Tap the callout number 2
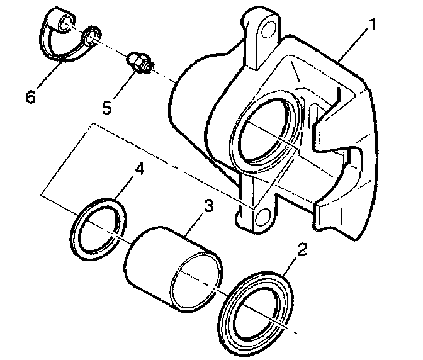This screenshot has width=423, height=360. pyautogui.click(x=302, y=250)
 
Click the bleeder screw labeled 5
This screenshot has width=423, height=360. pyautogui.click(x=139, y=62)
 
